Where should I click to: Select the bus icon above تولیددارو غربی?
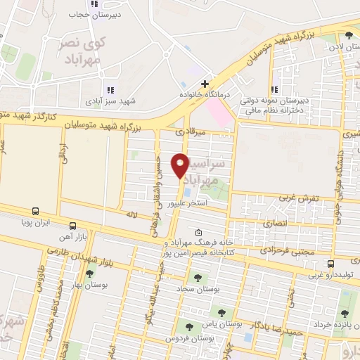(330, 264)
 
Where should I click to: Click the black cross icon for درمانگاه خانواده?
(205, 84)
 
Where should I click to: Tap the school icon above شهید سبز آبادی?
(109, 90)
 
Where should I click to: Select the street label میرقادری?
(190, 131)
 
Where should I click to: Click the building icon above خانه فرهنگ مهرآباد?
(199, 233)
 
